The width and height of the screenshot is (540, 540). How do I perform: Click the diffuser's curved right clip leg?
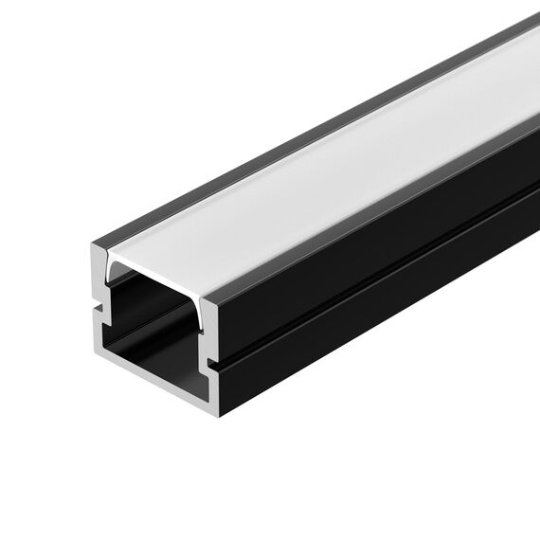click(x=202, y=312)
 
